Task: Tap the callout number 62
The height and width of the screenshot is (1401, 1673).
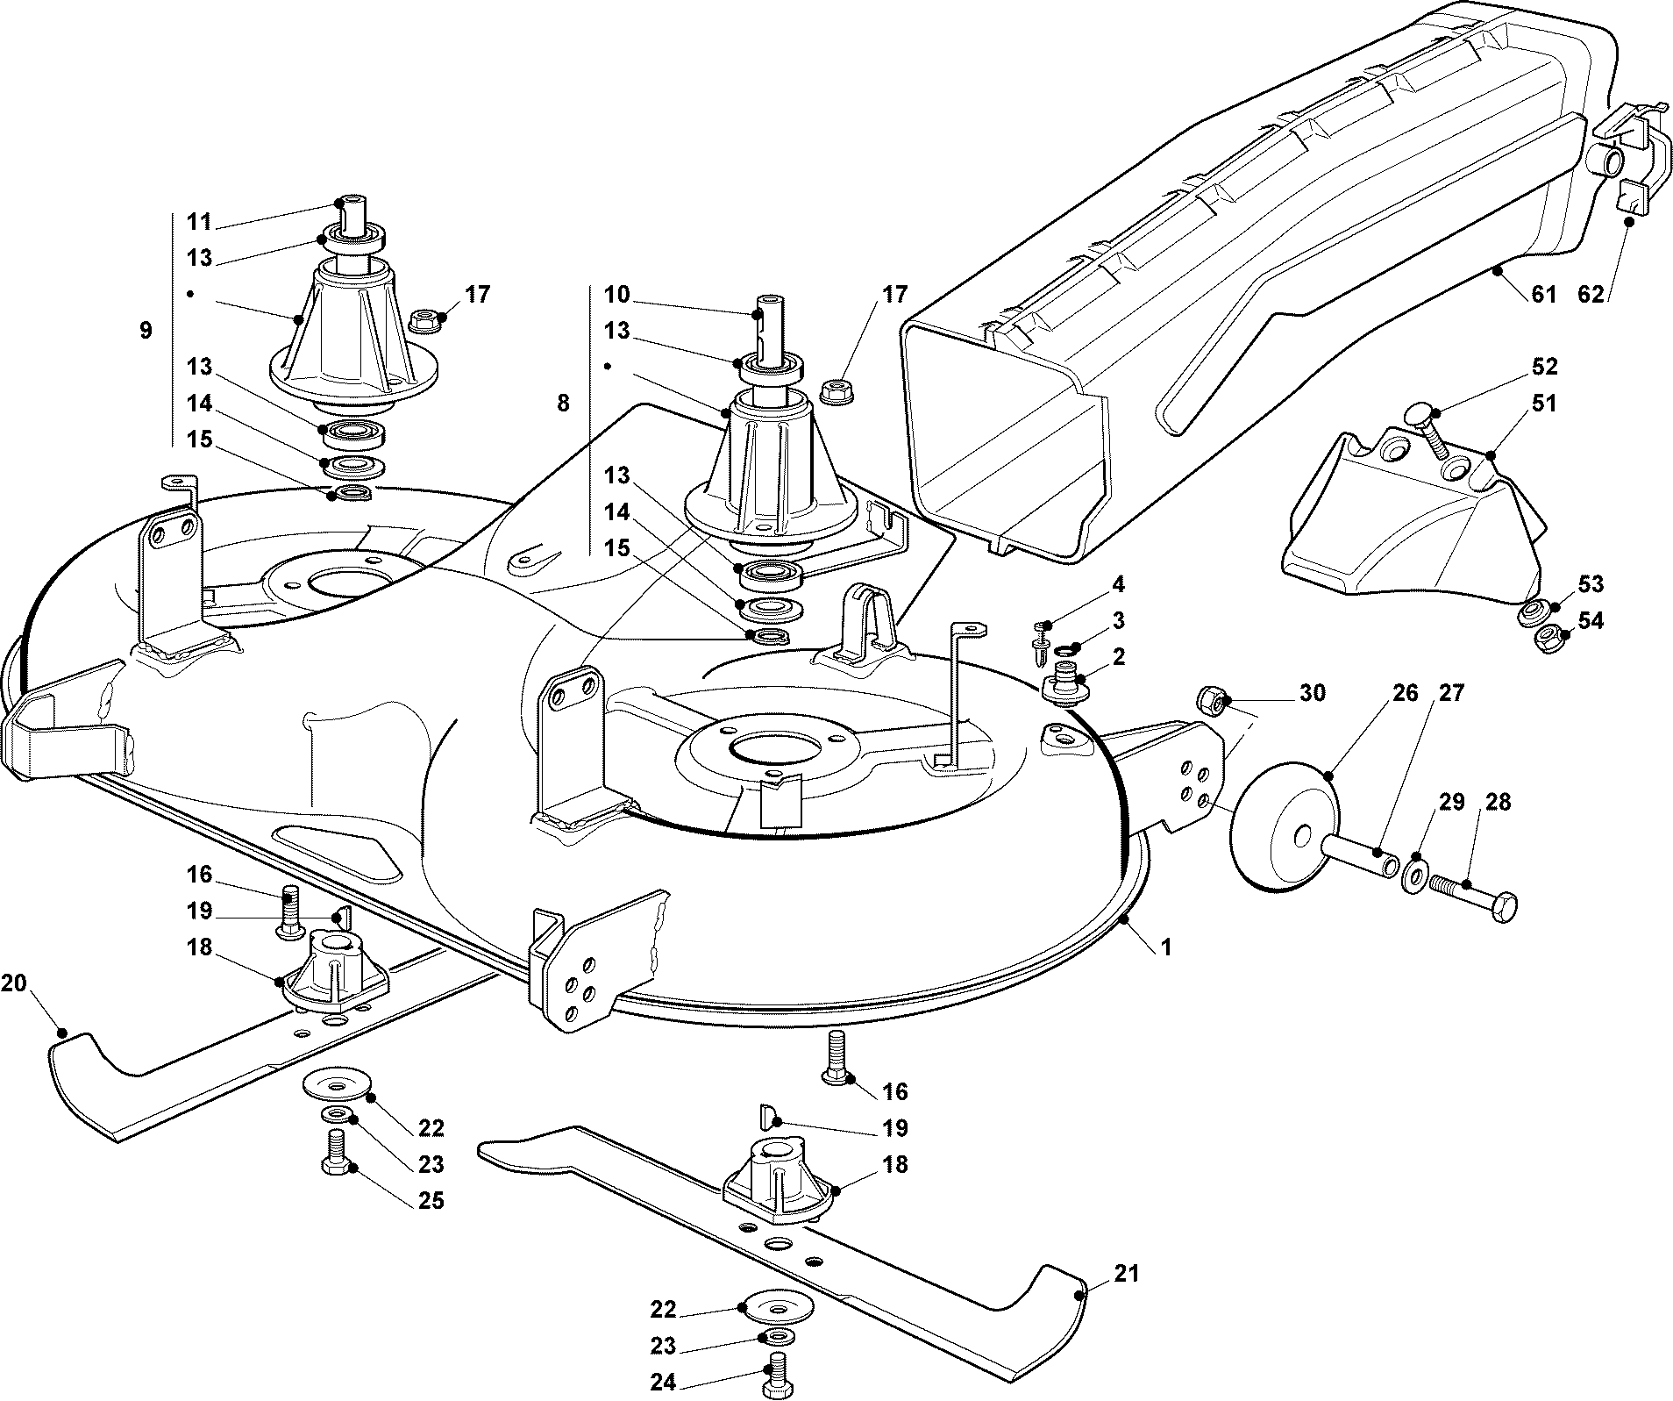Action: coord(1591,294)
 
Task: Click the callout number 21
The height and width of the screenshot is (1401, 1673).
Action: coord(1126,1272)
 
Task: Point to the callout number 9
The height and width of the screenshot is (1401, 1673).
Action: coord(146,331)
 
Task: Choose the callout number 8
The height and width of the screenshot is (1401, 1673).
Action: coord(562,403)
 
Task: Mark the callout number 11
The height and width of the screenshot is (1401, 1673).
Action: coord(199,221)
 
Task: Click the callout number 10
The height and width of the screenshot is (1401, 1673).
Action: coord(616,294)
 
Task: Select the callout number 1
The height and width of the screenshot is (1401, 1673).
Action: coord(1165,948)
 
